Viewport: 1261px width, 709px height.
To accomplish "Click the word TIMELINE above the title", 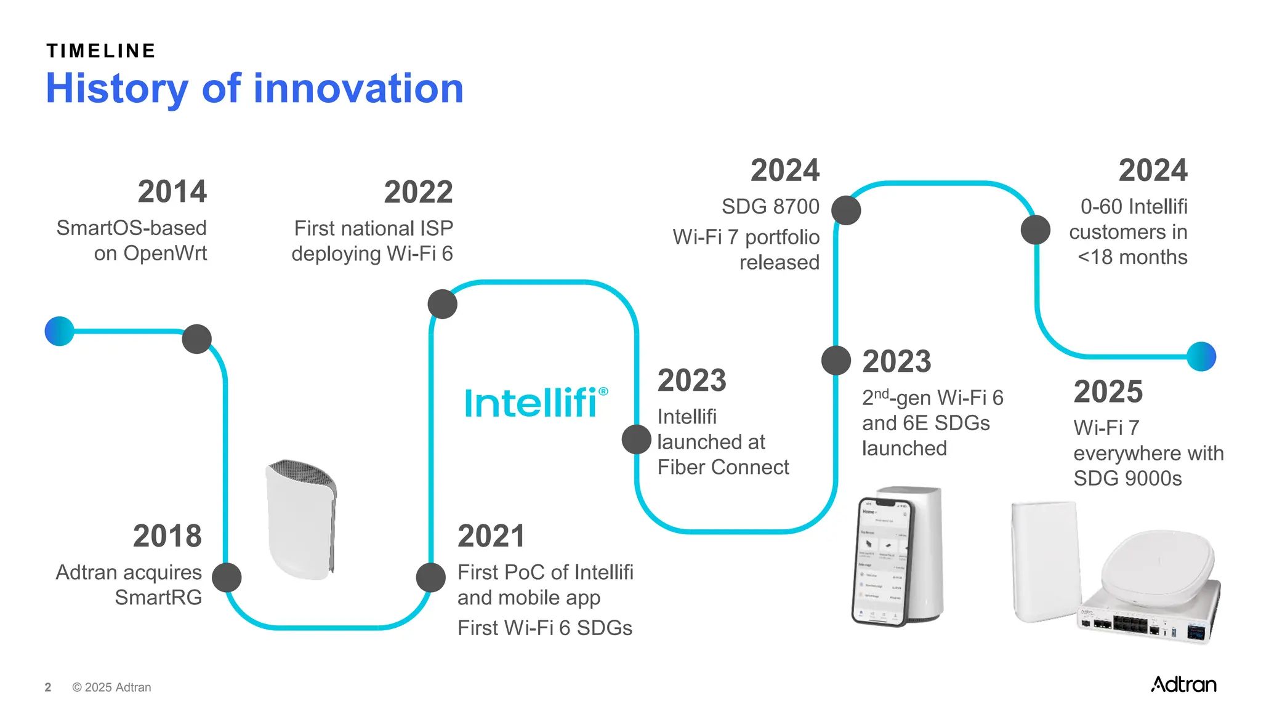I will pos(102,51).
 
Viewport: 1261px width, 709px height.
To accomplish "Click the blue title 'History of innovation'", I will pos(254,89).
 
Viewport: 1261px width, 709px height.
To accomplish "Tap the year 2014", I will pos(172,191).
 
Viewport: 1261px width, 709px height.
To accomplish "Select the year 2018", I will pos(167,536).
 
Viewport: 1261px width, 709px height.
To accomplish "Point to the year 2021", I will pos(491,536).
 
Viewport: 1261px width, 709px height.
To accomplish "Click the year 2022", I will pos(418,192).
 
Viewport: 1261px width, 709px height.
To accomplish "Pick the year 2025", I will pos(1108,391).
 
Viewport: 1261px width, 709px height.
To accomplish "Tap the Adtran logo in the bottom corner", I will pos(1183,684).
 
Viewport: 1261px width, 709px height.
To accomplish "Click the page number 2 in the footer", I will pos(48,687).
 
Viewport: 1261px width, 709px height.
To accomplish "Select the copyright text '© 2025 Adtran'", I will pos(111,687).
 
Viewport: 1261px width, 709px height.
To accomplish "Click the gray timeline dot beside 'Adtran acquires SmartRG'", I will pos(227,577).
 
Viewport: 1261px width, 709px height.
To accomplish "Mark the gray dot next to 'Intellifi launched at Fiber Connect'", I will pos(637,439).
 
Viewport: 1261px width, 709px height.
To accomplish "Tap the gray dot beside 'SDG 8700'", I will pos(846,210).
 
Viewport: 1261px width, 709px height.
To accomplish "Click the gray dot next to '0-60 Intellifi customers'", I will pos(1036,230).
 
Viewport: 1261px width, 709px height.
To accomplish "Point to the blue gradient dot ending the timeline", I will pos(1201,356).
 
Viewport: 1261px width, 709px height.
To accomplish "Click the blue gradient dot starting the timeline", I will pos(60,331).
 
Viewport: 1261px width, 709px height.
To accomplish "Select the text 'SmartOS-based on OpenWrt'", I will pos(132,241).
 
